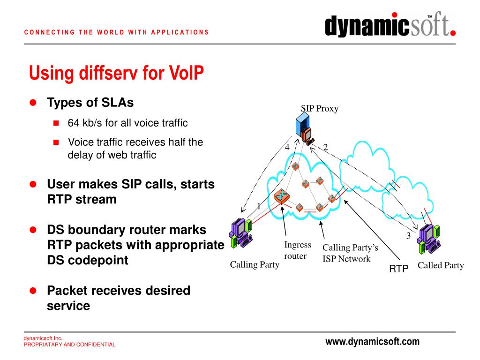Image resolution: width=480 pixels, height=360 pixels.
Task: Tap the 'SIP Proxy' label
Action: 320,109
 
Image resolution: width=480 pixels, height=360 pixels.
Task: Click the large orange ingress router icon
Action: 283,197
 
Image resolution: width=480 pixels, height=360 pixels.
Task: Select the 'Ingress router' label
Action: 297,250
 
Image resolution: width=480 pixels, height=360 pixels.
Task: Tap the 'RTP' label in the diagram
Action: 399,268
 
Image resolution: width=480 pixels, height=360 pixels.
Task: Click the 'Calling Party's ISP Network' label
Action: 350,253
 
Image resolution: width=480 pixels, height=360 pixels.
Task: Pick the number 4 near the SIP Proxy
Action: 287,147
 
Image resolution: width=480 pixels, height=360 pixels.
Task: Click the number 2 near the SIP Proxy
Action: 325,147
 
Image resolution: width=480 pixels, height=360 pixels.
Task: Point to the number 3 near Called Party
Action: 408,236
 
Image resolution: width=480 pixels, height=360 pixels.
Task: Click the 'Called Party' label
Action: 441,266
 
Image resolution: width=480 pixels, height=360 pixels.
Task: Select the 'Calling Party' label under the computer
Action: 254,265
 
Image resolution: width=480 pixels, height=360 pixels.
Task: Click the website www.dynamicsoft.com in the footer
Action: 373,342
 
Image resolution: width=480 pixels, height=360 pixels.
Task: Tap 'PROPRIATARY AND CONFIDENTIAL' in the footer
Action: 70,345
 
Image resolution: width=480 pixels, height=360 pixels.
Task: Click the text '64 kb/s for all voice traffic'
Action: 127,123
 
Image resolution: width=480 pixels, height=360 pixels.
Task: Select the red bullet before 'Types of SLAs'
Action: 33,103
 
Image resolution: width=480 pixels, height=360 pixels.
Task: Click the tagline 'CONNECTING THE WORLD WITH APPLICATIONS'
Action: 116,32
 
